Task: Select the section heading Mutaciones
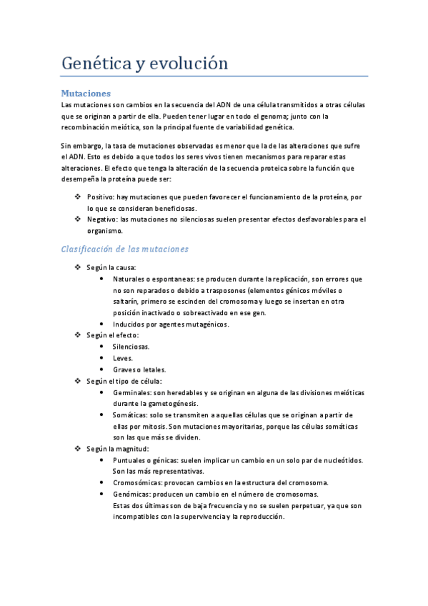[x=86, y=94]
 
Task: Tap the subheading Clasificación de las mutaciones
[x=124, y=249]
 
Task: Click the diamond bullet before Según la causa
[x=78, y=267]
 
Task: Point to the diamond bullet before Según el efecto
[x=78, y=335]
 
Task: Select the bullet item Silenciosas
[x=131, y=347]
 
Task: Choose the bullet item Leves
[x=123, y=358]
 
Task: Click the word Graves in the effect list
[x=125, y=369]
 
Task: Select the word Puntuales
[x=131, y=460]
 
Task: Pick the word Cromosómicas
[x=138, y=483]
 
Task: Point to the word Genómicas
[x=133, y=495]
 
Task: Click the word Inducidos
[x=129, y=324]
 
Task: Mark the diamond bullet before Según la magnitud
[x=78, y=449]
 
